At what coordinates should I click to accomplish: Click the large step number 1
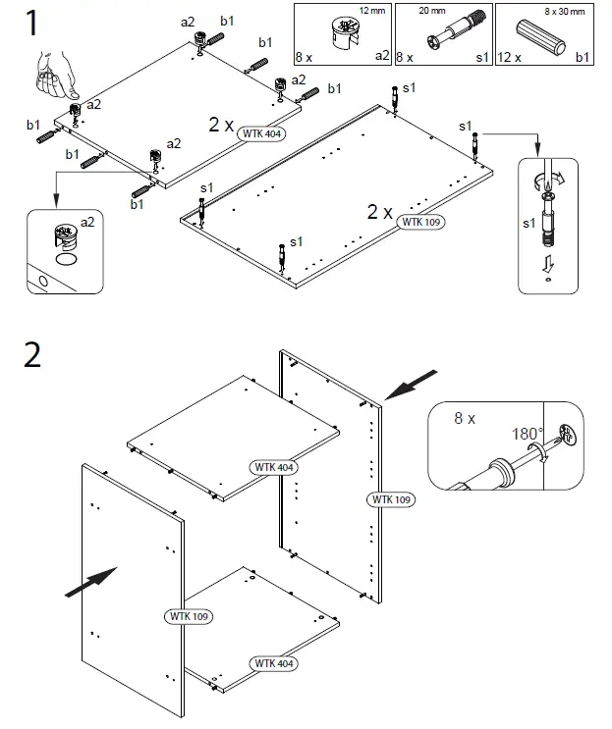coord(32,22)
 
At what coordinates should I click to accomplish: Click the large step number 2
coord(32,353)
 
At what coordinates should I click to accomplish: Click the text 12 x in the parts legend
coord(510,59)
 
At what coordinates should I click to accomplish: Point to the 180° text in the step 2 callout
coord(527,433)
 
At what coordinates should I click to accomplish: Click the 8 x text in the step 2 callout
coord(465,418)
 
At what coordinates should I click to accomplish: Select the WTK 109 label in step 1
coord(421,222)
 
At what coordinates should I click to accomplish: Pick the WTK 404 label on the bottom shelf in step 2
coord(275,663)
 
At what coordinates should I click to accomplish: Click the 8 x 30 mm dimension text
coord(566,12)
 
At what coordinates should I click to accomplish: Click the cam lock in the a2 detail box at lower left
coord(65,237)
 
